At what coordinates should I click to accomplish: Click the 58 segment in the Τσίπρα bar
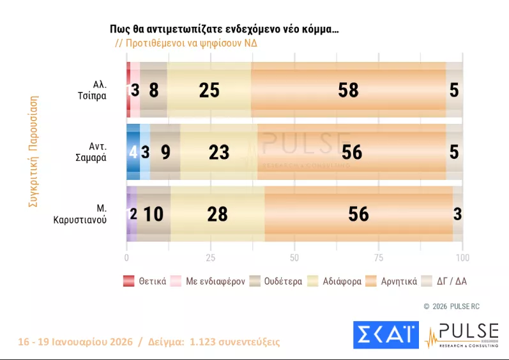[x=348, y=90]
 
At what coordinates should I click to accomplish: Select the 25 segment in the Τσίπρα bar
[x=209, y=90]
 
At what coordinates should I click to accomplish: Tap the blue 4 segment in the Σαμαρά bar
[x=133, y=152]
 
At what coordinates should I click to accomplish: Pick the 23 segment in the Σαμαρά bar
[x=218, y=152]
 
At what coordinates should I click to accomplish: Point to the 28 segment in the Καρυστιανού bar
[x=217, y=214]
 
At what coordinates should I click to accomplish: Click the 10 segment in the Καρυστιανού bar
[x=153, y=214]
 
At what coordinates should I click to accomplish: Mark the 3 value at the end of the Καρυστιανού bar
[x=457, y=214]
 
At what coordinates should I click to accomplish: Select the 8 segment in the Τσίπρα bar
[x=153, y=90]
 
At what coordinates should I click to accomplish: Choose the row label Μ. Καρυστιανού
[x=80, y=214]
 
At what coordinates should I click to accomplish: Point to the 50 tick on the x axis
[x=294, y=258]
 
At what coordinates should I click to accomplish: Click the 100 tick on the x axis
[x=462, y=258]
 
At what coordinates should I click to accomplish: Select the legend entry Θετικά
[x=146, y=281]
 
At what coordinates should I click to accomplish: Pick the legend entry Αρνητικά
[x=391, y=281]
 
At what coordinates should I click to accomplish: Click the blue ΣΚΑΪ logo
[x=386, y=335]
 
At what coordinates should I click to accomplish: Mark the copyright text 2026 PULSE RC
[x=451, y=306]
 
